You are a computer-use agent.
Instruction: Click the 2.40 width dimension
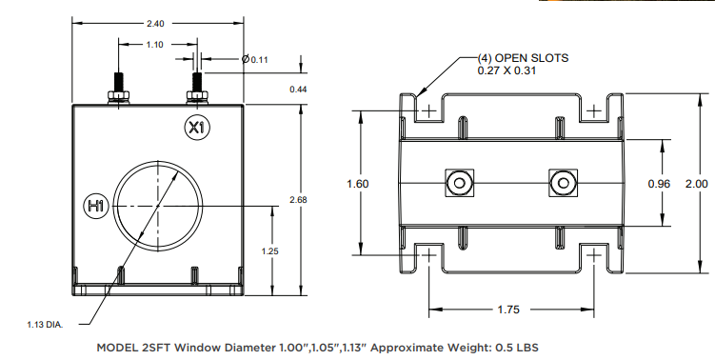pos(155,24)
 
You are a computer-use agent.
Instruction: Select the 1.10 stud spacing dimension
pos(154,45)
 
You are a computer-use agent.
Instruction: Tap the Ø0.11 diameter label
pos(255,59)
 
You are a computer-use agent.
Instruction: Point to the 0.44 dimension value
pos(298,90)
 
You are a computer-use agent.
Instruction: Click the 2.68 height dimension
pos(298,200)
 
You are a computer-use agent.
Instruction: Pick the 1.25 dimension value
pos(270,251)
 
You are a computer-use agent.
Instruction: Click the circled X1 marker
pos(197,128)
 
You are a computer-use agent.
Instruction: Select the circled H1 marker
pos(97,206)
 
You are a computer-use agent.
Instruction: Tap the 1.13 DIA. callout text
pos(45,325)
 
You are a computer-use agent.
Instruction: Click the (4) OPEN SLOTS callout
pos(523,58)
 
